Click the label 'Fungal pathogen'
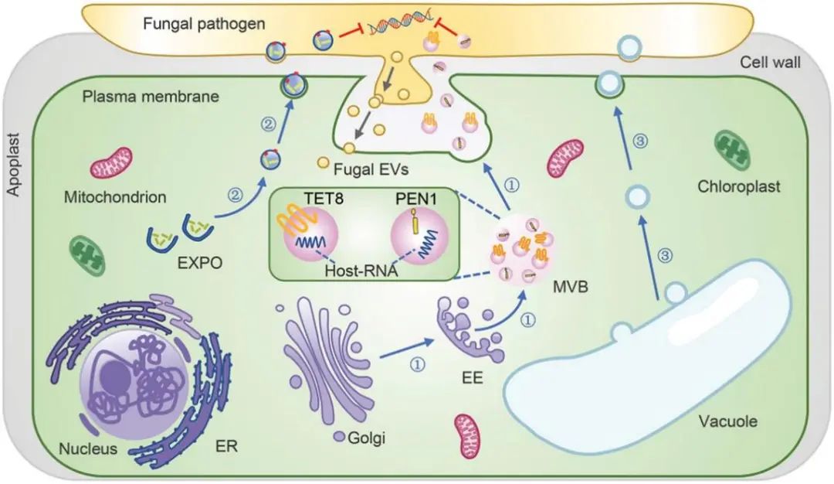(203, 24)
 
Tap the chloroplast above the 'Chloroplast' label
(734, 150)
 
